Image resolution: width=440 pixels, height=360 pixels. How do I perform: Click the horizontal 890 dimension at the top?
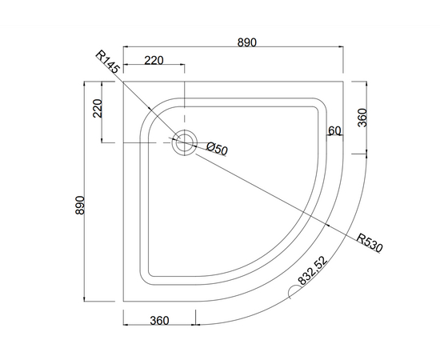pyautogui.click(x=247, y=42)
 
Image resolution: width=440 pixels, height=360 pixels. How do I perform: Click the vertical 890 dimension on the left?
pyautogui.click(x=80, y=205)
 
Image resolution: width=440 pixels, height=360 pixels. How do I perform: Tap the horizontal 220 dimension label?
pyautogui.click(x=154, y=60)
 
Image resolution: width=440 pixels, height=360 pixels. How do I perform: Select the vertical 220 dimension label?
pyautogui.click(x=98, y=108)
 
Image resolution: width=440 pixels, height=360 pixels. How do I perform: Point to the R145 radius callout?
pyautogui.click(x=108, y=62)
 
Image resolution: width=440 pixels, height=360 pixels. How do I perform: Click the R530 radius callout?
pyautogui.click(x=370, y=243)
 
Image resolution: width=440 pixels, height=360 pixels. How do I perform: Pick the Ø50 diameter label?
pyautogui.click(x=217, y=149)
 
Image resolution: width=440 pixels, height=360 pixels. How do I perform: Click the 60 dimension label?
pyautogui.click(x=334, y=130)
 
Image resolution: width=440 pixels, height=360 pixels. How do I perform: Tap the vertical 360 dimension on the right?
pyautogui.click(x=362, y=118)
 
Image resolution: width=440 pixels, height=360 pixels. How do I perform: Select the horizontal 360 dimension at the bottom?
pyautogui.click(x=159, y=321)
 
